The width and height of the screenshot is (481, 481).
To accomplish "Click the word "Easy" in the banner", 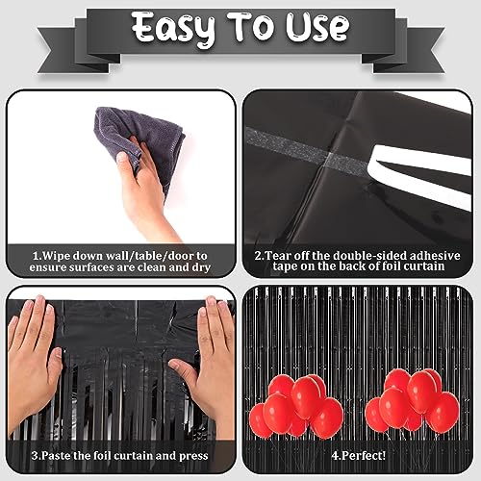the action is [x=173, y=29].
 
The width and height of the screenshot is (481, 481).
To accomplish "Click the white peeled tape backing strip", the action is [x=420, y=175].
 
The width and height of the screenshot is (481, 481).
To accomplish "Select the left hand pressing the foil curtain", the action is [x=32, y=363].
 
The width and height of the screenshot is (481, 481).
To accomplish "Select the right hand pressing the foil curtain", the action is [x=209, y=363].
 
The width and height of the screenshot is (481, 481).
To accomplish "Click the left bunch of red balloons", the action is [x=296, y=406].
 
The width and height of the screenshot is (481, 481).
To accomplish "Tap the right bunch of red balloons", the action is [x=412, y=401].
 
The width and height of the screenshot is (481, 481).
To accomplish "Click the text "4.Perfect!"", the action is [x=359, y=456].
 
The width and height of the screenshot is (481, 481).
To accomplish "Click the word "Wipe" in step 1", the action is [x=56, y=256].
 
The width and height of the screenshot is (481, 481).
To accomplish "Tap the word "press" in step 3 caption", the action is [x=193, y=457].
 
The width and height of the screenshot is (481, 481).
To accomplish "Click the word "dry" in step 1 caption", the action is [x=201, y=267].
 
